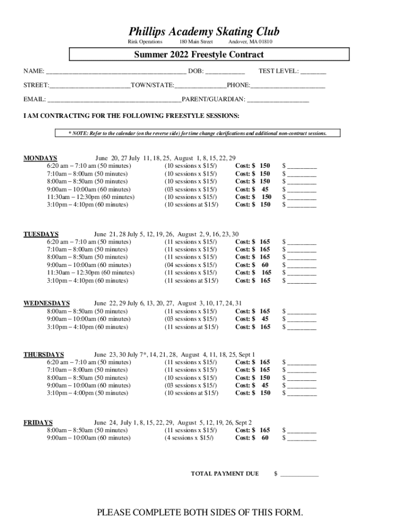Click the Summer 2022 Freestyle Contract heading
(199, 55)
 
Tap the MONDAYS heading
(41, 158)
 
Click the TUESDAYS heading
(41, 234)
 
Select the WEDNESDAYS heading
(47, 303)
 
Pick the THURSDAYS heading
(44, 354)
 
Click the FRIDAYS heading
(38, 422)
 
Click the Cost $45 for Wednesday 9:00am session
(252, 319)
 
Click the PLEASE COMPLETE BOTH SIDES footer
(200, 513)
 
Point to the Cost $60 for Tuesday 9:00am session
(252, 265)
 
